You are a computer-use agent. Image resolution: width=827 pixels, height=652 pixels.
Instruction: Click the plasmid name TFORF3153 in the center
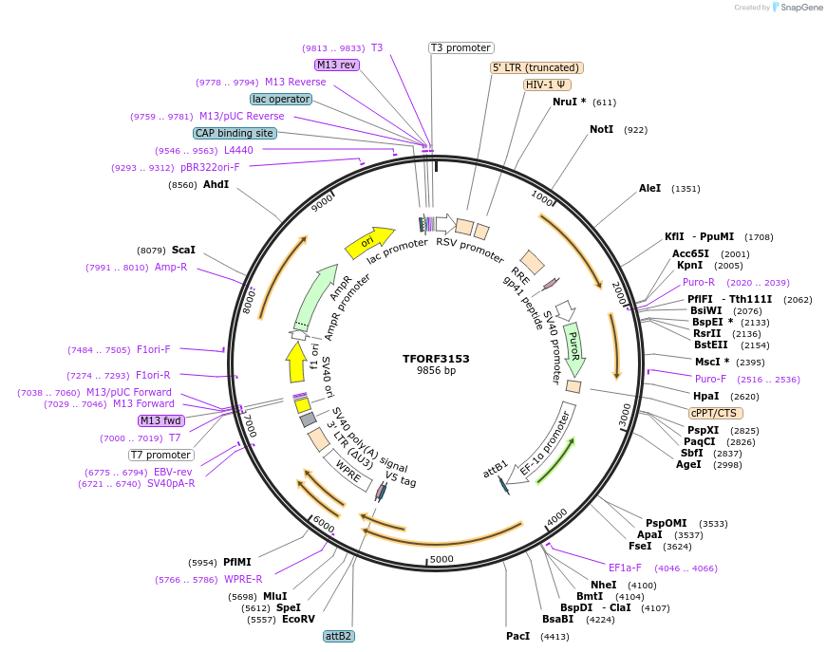436,359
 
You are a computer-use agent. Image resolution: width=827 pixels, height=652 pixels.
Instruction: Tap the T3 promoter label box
461,47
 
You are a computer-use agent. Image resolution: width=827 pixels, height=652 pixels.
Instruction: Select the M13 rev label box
337,65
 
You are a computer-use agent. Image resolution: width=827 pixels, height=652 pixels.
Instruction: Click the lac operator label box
281,99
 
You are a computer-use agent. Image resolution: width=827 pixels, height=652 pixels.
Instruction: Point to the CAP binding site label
235,134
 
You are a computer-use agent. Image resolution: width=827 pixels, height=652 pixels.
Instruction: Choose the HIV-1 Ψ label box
547,84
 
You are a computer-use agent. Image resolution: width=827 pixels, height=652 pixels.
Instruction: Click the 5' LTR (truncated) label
536,67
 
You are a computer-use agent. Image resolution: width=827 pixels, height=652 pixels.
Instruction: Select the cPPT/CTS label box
715,413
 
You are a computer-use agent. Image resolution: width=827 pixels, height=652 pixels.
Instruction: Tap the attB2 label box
339,636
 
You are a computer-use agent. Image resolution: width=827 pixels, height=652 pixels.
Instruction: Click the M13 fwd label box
160,420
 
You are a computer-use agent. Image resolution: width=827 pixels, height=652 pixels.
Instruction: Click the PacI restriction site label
518,636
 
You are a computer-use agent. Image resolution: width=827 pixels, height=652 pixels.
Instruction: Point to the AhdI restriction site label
216,184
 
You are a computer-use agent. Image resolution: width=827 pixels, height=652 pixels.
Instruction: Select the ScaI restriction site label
183,251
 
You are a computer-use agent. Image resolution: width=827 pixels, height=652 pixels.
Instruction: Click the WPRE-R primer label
243,579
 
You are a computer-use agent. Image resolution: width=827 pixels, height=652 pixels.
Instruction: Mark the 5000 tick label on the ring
442,560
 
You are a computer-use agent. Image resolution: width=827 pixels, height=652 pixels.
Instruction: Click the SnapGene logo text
800,7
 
